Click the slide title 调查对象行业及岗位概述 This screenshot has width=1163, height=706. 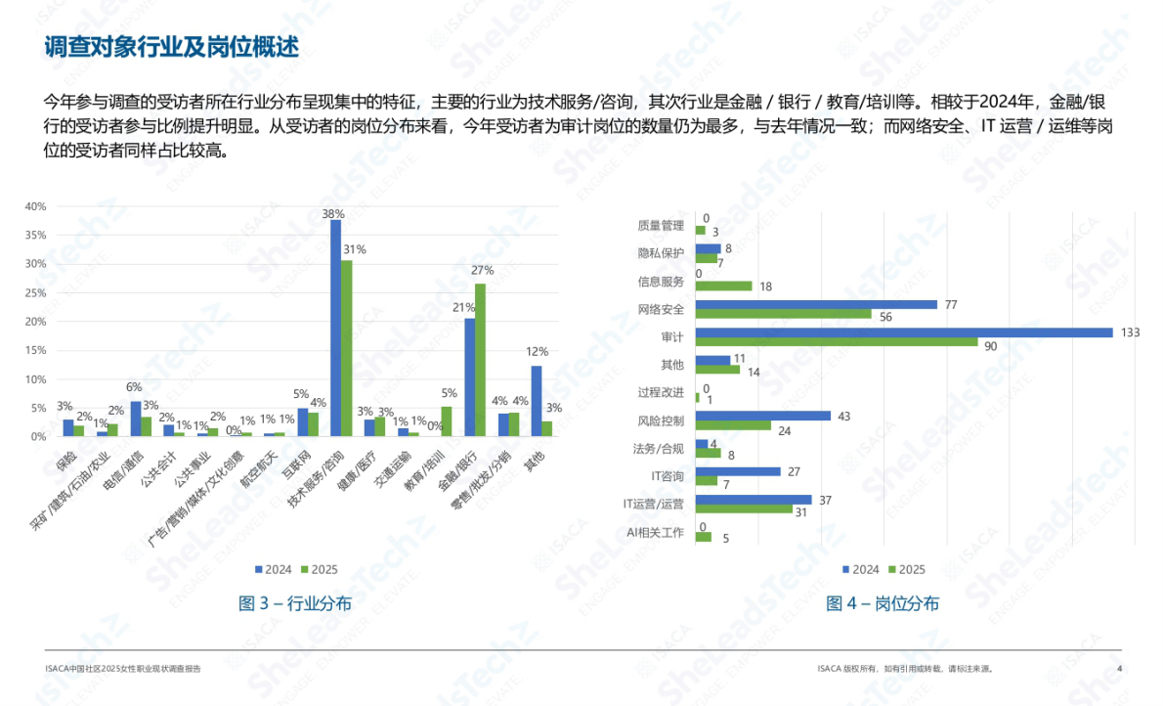click(171, 46)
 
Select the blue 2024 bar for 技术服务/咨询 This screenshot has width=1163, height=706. click(335, 328)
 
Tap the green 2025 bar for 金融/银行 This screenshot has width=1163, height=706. click(480, 359)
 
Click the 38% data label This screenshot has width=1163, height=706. click(333, 213)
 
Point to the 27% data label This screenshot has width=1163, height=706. click(482, 270)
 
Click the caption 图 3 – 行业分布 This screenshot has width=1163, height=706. click(295, 603)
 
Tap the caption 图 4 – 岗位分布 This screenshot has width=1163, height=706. click(883, 603)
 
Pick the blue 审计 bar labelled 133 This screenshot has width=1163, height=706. click(904, 332)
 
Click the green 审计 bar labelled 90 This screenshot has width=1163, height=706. click(837, 342)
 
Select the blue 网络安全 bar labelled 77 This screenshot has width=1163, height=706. click(816, 305)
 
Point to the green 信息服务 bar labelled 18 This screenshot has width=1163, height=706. click(723, 287)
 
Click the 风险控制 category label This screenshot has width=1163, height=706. click(660, 420)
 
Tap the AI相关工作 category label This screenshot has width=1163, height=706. click(655, 533)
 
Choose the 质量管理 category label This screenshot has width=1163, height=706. click(661, 225)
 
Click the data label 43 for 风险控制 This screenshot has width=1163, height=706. click(843, 416)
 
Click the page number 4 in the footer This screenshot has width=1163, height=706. click(1119, 669)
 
